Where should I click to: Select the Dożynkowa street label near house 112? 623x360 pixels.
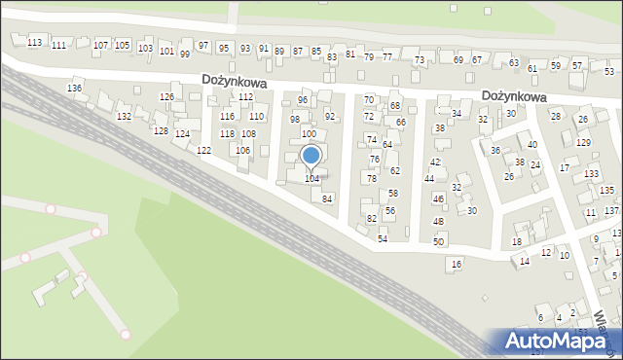[235, 83]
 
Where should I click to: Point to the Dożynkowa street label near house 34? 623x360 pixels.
[514, 97]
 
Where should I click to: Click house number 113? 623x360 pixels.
[34, 43]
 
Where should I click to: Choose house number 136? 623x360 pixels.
[74, 89]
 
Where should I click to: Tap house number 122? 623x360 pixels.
[203, 151]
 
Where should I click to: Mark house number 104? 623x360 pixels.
[311, 179]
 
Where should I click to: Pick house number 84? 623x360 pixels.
[328, 198]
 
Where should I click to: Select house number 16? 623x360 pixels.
[456, 265]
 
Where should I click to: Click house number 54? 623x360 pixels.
[383, 238]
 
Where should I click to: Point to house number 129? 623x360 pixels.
[583, 143]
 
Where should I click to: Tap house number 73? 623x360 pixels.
[419, 60]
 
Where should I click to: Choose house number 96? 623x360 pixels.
[303, 100]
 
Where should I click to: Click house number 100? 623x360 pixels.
[308, 133]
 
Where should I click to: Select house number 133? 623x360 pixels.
[591, 174]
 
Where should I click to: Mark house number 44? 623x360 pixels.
[428, 179]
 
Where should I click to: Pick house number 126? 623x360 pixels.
[166, 97]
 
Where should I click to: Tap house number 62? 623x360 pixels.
[394, 171]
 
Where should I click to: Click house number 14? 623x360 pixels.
[525, 262]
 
